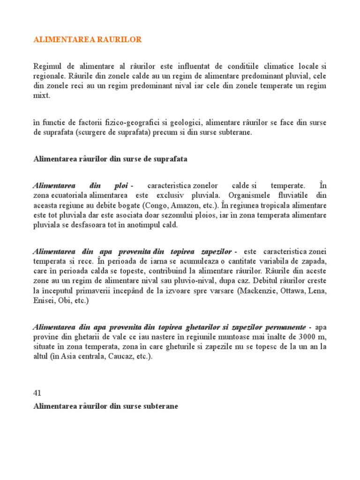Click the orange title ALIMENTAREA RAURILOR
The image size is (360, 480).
pyautogui.click(x=87, y=40)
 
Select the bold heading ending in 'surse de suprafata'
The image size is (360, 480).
pyautogui.click(x=110, y=159)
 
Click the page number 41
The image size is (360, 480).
pyautogui.click(x=37, y=393)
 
